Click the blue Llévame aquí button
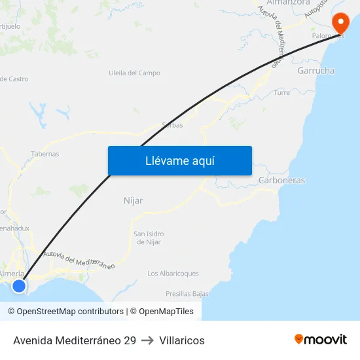coord(179,160)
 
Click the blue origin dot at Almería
coord(19,285)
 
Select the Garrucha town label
coord(315,70)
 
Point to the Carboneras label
coord(281,180)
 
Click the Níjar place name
coord(133,200)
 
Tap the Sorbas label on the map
coord(172,124)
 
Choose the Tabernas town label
coord(45,154)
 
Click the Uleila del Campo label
coord(134,73)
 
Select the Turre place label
coord(282,93)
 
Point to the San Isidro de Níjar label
coord(149,238)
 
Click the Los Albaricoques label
coord(173,273)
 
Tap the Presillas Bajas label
coord(187,294)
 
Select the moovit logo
coord(320,339)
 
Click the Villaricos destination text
coord(182,340)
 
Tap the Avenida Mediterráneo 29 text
coord(75,340)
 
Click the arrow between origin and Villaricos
coord(147,340)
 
